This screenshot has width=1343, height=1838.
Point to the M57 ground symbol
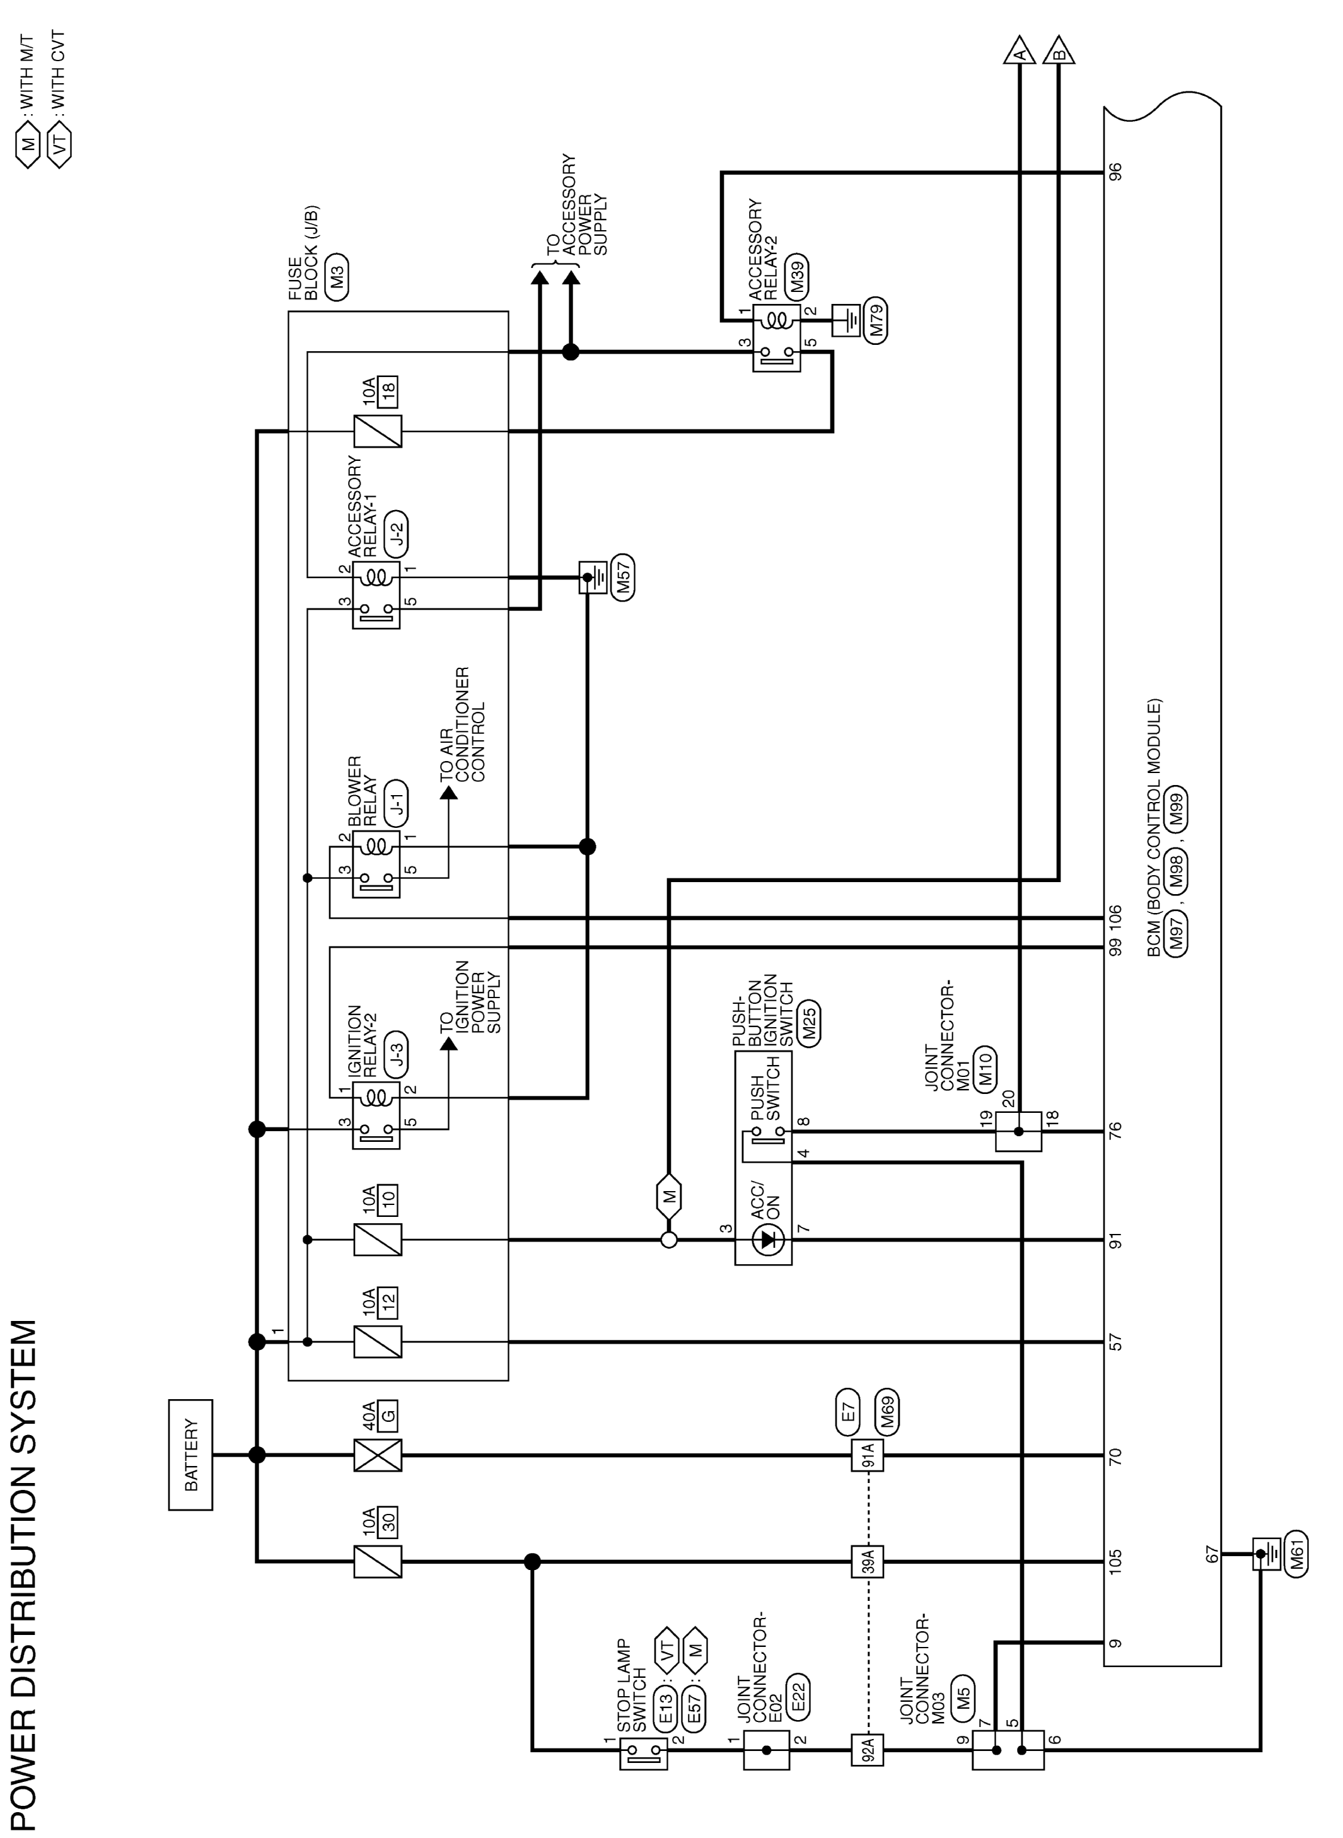pos(593,577)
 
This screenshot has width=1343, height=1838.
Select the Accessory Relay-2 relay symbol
pos(776,338)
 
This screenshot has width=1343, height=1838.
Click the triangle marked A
pos(1019,51)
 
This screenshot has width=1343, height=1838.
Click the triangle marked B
pos(1059,51)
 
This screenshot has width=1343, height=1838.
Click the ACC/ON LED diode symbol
pos(767,1240)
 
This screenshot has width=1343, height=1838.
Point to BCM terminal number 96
pos(1115,172)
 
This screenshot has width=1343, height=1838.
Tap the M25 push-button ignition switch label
pos(809,1021)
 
